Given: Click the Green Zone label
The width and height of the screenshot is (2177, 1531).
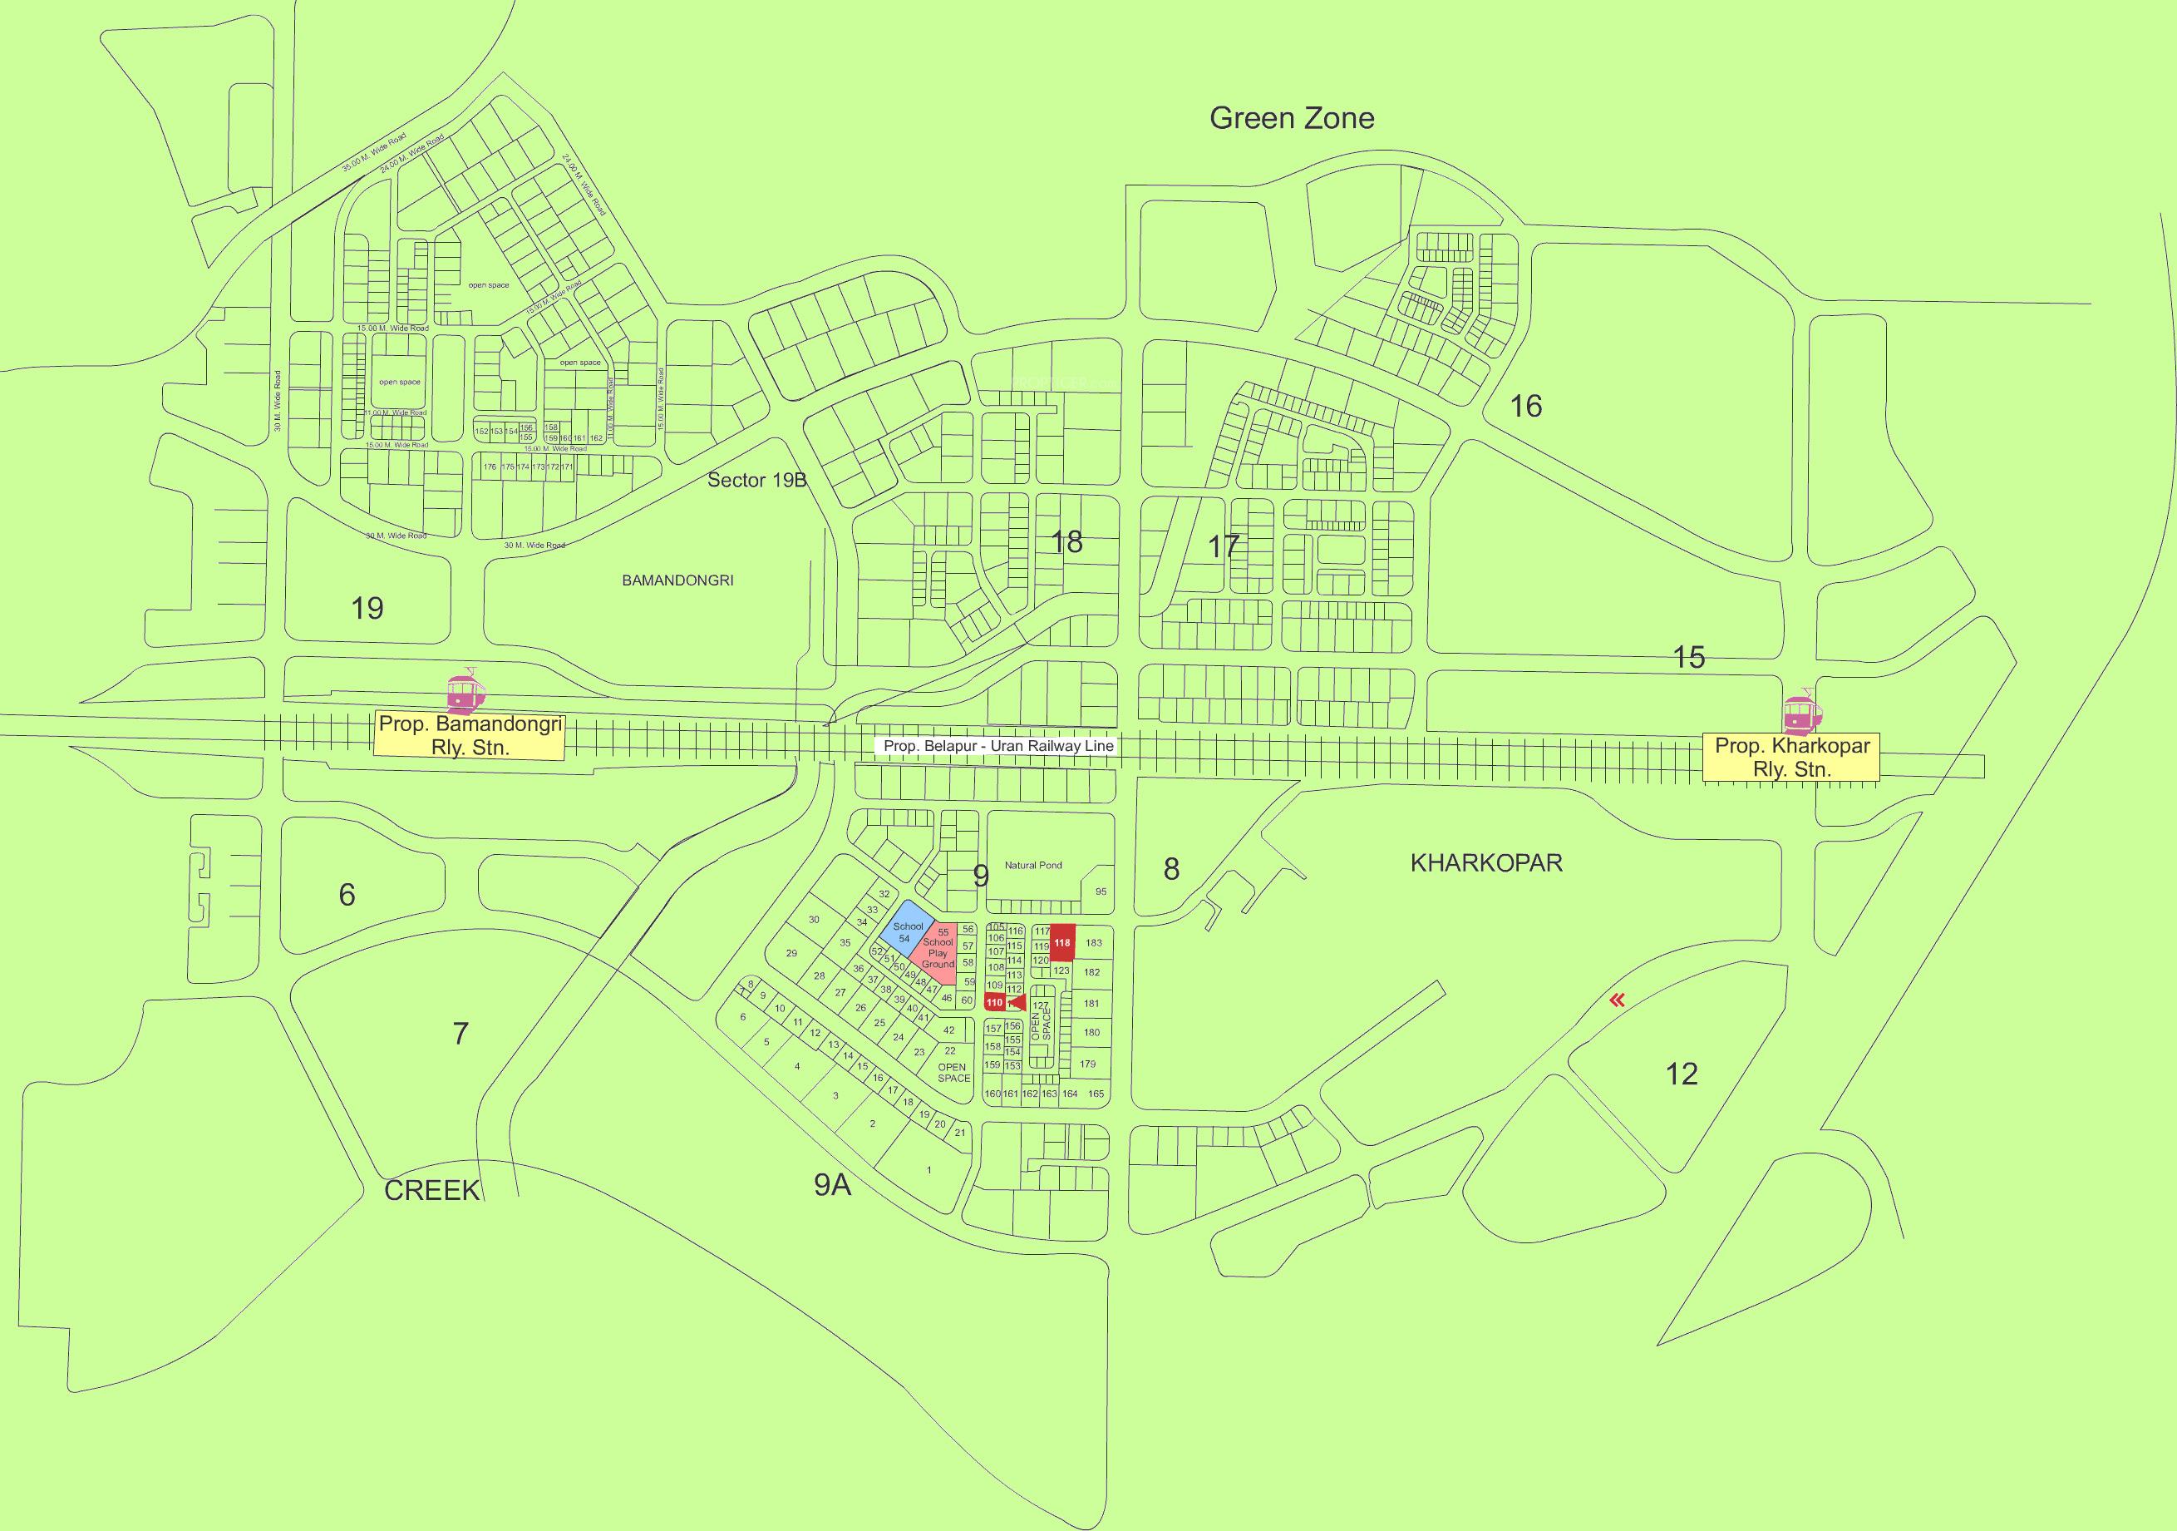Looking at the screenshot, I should [1292, 119].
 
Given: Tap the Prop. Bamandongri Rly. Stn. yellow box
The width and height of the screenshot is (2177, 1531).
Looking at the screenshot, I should [470, 735].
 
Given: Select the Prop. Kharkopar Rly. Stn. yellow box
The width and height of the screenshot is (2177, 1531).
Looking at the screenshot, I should [1791, 757].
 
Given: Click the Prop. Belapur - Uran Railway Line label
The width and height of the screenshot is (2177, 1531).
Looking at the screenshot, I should [997, 747].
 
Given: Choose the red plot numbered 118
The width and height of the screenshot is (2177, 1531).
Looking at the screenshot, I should [1062, 942].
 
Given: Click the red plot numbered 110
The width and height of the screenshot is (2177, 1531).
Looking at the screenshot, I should [995, 1002].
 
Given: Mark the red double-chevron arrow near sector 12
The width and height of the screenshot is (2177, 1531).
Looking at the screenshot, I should [1618, 1000].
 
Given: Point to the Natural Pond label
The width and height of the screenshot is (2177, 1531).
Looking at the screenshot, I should [1032, 865].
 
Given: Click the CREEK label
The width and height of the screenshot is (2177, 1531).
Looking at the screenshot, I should [431, 1192].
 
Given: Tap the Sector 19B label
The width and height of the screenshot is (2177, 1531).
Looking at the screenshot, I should [756, 480].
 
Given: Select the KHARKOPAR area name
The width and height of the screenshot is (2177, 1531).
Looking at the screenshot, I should [1485, 862].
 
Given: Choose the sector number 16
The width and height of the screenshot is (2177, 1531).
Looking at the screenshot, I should [1524, 406].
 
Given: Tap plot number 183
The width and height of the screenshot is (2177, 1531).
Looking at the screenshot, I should [1093, 943].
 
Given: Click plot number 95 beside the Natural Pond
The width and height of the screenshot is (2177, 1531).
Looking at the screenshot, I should [1100, 891].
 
